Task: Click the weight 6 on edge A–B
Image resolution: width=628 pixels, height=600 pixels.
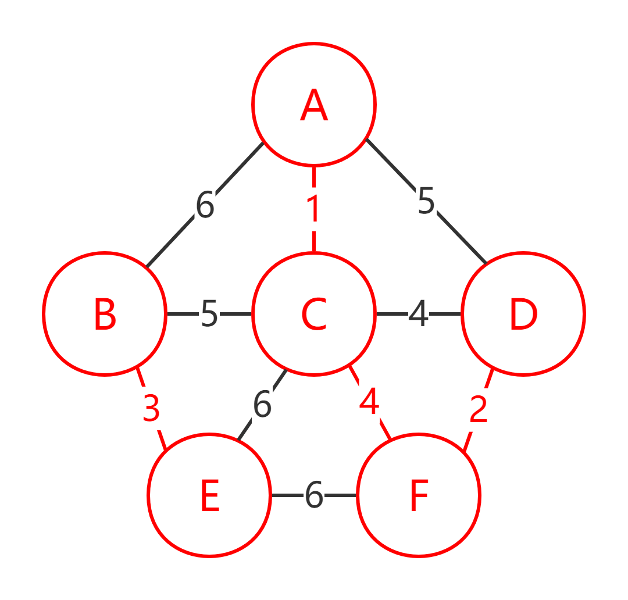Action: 205,205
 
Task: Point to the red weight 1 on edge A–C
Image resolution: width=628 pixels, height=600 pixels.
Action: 314,209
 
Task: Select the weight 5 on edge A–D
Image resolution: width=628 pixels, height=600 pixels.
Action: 426,201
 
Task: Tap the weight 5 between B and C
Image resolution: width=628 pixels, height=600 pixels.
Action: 209,314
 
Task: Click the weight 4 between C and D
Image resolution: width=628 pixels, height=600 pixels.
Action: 419,314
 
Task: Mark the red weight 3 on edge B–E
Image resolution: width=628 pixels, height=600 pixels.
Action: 151,409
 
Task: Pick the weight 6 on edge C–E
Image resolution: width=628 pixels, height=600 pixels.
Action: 262,405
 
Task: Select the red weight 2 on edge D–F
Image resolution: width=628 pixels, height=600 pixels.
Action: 478,410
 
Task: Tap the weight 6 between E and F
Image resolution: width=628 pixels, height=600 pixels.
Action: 314,495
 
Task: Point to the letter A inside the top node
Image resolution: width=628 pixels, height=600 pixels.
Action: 314,106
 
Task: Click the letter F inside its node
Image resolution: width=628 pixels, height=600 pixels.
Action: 419,497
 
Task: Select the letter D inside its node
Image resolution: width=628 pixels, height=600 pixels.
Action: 523,315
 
